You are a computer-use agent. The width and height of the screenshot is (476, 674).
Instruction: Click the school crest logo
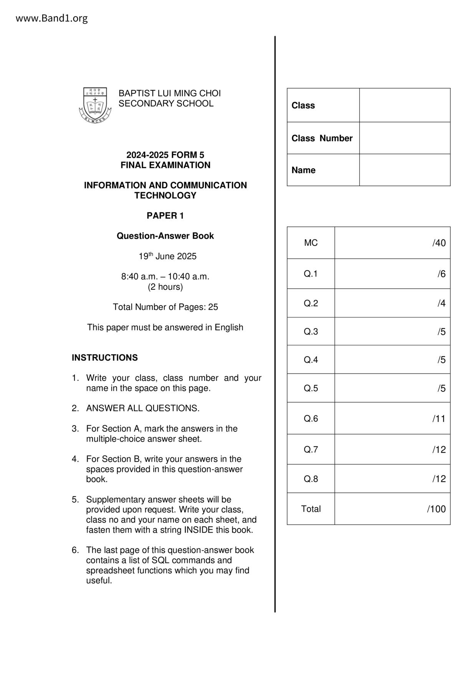click(x=95, y=105)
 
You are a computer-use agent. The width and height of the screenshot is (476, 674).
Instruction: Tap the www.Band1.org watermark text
click(x=51, y=18)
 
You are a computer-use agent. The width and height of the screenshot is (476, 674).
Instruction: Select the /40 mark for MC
click(x=439, y=243)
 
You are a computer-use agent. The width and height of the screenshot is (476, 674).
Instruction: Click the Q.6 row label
click(x=311, y=418)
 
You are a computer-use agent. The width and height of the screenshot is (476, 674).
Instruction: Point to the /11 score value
click(x=439, y=418)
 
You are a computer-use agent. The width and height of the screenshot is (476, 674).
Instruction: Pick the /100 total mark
click(x=436, y=509)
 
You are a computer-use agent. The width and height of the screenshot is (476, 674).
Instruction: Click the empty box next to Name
click(x=405, y=170)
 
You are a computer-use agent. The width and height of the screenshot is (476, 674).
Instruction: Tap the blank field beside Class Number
click(x=405, y=138)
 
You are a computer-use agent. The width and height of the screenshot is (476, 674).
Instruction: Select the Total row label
click(x=311, y=509)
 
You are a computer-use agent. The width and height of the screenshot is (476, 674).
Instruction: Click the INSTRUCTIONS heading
click(x=104, y=358)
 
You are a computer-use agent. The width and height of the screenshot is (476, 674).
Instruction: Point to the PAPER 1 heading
click(x=165, y=216)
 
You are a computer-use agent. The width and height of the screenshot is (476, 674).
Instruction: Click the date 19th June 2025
click(x=167, y=256)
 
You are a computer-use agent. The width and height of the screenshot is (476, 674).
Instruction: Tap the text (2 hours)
click(x=165, y=287)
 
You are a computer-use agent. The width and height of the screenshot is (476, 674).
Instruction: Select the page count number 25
click(x=213, y=307)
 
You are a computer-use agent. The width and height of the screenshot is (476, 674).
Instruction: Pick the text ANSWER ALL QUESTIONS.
click(x=143, y=408)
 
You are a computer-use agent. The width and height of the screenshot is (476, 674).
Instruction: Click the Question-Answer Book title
click(x=165, y=236)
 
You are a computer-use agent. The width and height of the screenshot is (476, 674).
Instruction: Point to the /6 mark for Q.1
click(x=441, y=274)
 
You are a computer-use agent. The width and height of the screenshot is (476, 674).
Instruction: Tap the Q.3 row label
click(x=311, y=332)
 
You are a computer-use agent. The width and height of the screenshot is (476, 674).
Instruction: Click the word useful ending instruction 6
click(x=99, y=581)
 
